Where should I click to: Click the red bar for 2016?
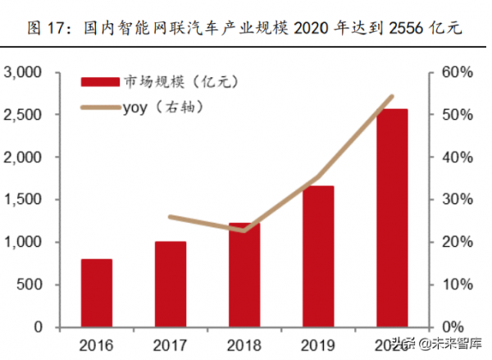coord(96,293)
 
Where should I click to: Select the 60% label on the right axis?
coord(457,72)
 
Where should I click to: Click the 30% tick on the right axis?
coord(457,199)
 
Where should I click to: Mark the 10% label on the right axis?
coord(457,285)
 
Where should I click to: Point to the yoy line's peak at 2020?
coord(392,97)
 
